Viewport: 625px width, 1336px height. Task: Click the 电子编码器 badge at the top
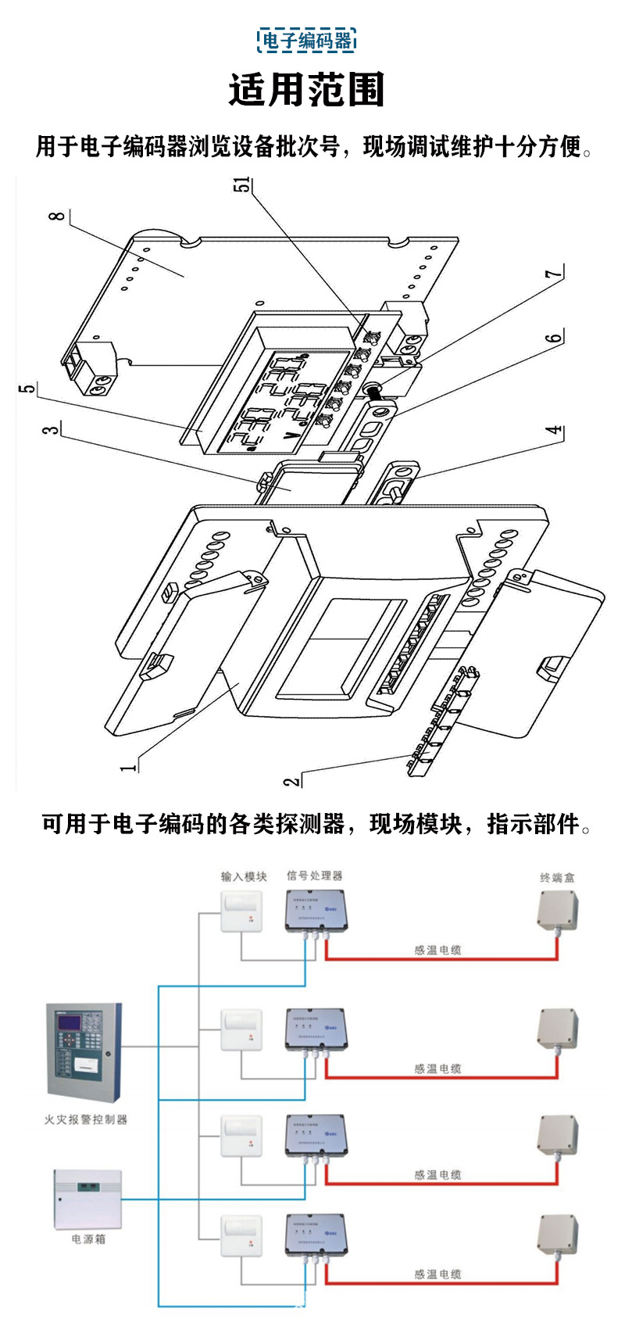point(307,41)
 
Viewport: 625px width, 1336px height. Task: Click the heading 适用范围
point(307,90)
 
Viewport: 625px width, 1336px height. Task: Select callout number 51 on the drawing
point(244,184)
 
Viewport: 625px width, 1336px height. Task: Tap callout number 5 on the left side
point(27,389)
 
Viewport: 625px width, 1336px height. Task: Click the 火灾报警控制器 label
point(85,1119)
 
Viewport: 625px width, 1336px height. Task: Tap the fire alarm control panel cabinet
point(84,1052)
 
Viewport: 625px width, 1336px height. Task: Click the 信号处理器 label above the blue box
point(314,876)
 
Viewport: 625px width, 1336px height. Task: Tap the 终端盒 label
point(558,877)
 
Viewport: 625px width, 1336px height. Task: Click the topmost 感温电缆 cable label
point(437,950)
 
